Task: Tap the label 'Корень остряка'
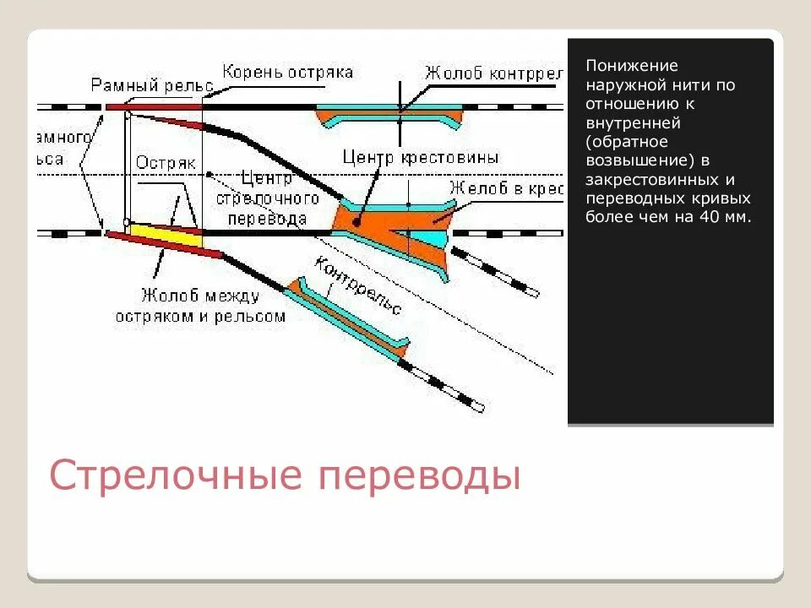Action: click(287, 72)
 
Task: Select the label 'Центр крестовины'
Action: click(421, 158)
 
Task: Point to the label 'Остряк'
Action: click(166, 163)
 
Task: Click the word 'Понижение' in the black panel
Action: click(621, 66)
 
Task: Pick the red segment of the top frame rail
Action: click(152, 107)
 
